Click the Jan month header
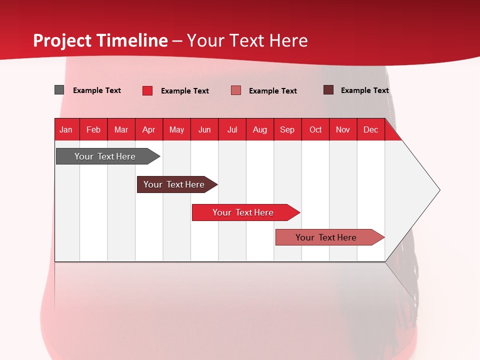[x=66, y=129]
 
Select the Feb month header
[x=93, y=129]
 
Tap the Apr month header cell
[x=148, y=129]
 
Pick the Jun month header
[x=204, y=129]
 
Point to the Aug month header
[x=260, y=129]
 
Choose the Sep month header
[x=287, y=129]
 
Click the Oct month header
[x=315, y=129]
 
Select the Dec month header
[x=371, y=129]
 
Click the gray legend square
[x=59, y=90]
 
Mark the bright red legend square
[x=147, y=90]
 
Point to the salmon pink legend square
[x=236, y=90]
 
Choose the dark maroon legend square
[x=328, y=90]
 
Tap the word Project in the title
[x=62, y=40]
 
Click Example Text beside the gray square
[x=97, y=90]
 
